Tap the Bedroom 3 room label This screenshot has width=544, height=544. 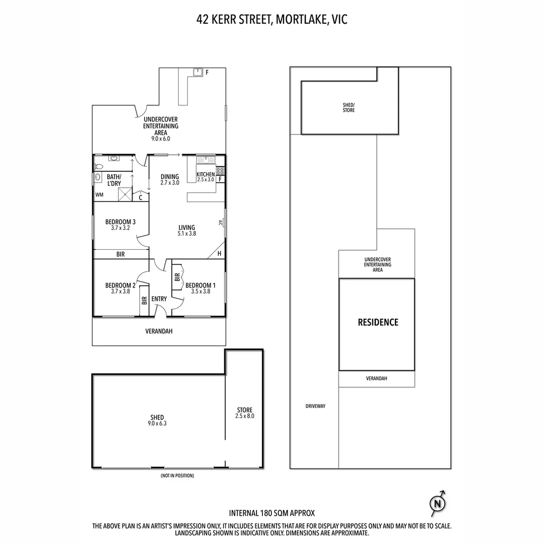[120, 222]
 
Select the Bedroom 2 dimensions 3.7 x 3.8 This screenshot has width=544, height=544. [120, 291]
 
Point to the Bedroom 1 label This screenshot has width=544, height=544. [200, 285]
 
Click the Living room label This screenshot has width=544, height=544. [186, 228]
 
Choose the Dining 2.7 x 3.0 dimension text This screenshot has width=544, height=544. [170, 183]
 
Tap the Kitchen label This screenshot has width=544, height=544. [206, 174]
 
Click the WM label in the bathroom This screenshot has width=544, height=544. [99, 194]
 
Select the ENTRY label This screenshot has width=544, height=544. [159, 299]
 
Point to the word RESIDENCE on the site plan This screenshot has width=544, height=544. [378, 322]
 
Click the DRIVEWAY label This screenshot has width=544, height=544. [315, 406]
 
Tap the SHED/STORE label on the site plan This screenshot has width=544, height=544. [349, 107]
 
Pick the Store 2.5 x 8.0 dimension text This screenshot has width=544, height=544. [244, 416]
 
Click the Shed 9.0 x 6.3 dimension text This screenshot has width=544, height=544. [157, 424]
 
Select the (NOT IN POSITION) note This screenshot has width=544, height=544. [177, 475]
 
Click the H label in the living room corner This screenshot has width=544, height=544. [219, 254]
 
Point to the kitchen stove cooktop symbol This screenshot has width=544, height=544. [220, 171]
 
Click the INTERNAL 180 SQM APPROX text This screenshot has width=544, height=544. [272, 513]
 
